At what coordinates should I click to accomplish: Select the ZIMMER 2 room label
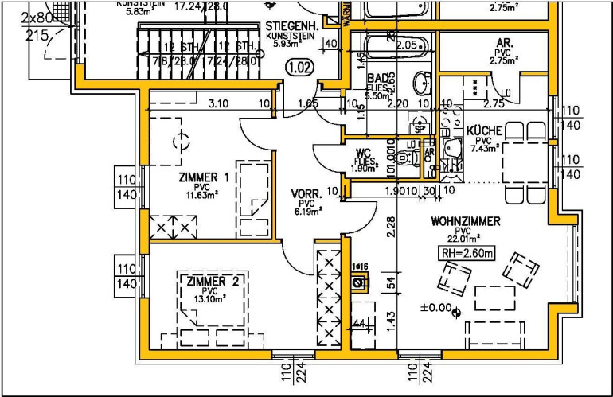[213, 282]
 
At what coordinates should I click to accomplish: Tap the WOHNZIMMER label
[466, 221]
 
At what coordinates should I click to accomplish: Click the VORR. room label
[306, 193]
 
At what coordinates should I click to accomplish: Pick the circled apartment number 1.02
[299, 67]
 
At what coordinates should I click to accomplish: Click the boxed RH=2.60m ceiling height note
[467, 254]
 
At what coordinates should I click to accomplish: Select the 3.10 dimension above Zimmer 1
[217, 103]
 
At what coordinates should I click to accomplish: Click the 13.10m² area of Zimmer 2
[210, 299]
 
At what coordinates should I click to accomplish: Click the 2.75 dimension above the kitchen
[494, 103]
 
